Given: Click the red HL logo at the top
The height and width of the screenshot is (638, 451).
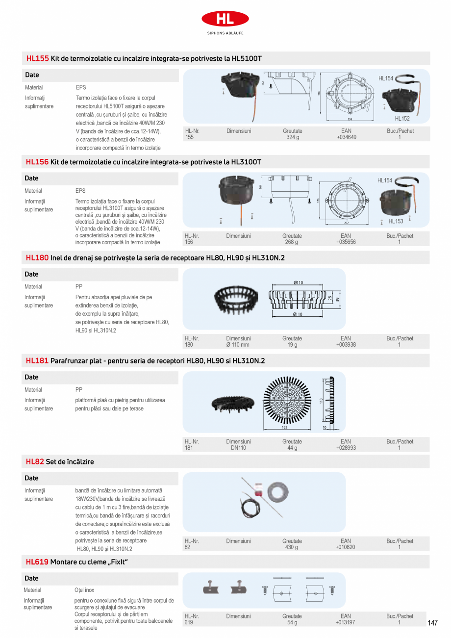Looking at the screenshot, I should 225,19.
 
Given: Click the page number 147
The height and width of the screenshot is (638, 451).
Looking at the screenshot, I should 432,623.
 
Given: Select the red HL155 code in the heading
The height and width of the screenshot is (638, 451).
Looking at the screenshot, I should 37,58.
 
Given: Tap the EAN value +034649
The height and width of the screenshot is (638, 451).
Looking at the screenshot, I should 346,137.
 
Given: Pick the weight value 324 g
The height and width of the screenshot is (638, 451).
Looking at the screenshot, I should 293,137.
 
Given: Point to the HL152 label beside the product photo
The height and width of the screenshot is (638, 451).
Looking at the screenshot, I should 402,119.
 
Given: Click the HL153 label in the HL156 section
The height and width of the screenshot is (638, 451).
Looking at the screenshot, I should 396,221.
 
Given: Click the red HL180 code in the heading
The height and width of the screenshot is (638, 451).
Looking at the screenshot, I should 37,257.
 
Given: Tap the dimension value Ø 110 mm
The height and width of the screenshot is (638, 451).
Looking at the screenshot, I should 238,345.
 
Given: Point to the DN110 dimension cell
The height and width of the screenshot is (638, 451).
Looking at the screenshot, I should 238,448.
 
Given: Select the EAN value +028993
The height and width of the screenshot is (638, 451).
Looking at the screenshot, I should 346,448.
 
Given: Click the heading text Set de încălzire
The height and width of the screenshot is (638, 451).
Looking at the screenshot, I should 70,461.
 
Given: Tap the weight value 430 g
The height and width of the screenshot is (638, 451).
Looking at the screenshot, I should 292,547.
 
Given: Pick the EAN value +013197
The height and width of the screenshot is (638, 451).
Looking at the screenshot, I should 346,622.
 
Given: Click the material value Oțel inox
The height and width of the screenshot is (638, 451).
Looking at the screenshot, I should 84,590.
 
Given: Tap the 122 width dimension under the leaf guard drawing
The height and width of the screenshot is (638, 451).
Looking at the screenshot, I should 284,428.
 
